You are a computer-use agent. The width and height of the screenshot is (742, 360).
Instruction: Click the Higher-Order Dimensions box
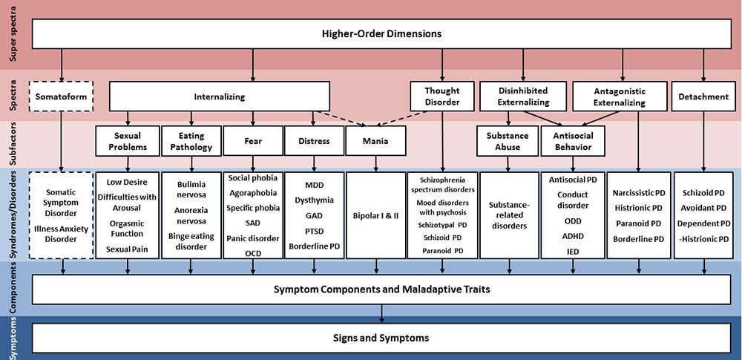(381, 33)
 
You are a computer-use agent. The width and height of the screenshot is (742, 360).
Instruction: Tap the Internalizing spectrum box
(220, 96)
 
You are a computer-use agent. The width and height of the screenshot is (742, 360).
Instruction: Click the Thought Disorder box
(441, 96)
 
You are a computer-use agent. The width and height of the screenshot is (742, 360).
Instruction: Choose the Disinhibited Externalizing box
(524, 96)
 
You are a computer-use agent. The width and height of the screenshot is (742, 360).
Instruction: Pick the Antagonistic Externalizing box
(620, 96)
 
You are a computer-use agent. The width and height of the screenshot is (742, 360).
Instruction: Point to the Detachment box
(702, 96)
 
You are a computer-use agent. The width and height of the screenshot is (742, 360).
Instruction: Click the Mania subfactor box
(376, 141)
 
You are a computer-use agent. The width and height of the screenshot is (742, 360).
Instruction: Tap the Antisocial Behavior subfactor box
(572, 141)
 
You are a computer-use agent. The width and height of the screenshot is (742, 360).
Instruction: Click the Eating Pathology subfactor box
(191, 141)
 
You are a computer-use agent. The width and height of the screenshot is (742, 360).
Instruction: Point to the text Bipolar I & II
(376, 216)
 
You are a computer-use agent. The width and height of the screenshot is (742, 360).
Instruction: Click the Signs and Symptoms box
(381, 338)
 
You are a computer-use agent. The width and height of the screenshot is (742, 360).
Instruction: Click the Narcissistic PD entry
(638, 193)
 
